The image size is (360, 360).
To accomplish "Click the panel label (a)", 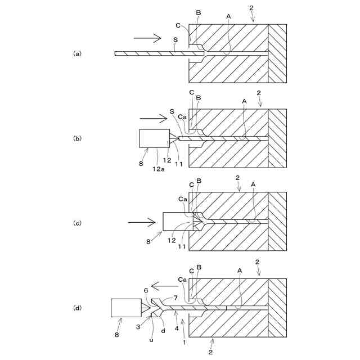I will point(78,53).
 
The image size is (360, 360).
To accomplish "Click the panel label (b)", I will point(78,138).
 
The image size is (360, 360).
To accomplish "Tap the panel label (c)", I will point(78,223).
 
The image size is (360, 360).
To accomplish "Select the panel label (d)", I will point(78,308).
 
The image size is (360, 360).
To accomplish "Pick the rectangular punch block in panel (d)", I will point(126,308).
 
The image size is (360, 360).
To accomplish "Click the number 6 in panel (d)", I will point(146,290).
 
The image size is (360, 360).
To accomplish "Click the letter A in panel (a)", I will point(228,17).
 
